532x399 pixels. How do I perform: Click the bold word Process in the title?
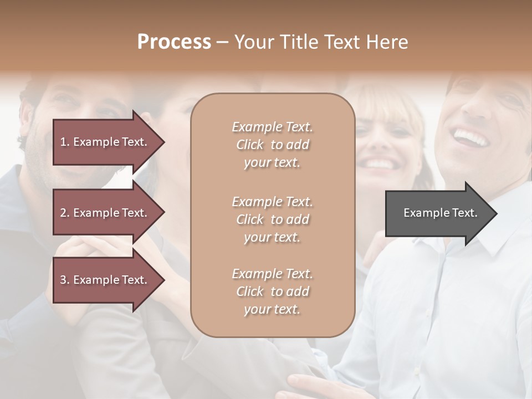[x=174, y=42]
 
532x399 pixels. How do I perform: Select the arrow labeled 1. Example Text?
[x=105, y=142]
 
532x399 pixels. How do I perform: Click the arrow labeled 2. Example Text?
[x=105, y=213]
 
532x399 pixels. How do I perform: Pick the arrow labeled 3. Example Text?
[x=105, y=280]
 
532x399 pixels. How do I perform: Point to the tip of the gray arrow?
[x=495, y=213]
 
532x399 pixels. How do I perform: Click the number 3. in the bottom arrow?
[x=65, y=280]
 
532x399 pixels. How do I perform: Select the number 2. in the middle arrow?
[x=65, y=213]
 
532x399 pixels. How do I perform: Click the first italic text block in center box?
[x=272, y=145]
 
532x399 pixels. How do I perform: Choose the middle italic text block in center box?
[x=272, y=219]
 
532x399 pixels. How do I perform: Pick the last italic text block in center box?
[x=272, y=291]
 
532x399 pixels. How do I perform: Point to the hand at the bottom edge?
[x=310, y=385]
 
